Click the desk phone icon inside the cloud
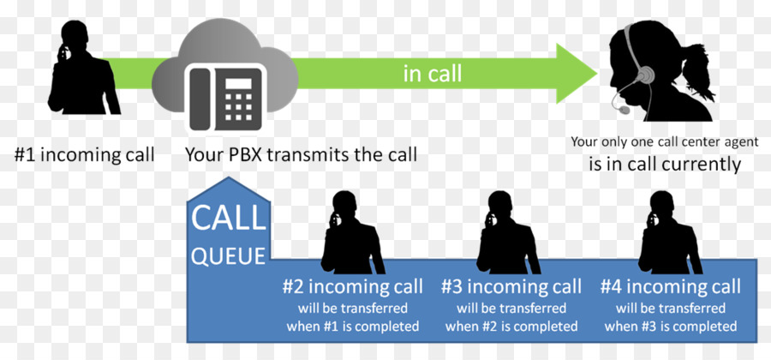coord(225,98)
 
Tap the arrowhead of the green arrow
coord(577,74)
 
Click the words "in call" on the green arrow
coord(433,74)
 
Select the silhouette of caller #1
coord(84,68)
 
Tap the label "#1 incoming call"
coord(84,155)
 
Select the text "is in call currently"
coord(664,165)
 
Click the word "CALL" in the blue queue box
coord(228,219)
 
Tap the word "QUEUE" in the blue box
coord(229,255)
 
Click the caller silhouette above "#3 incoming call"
coord(508,232)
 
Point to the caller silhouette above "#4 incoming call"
coord(670,232)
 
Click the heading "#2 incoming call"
coord(353,287)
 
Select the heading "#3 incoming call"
coord(511,287)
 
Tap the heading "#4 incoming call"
coord(670,287)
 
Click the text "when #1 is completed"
coord(353,326)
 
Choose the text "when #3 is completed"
coord(671,326)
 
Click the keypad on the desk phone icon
coord(238,105)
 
